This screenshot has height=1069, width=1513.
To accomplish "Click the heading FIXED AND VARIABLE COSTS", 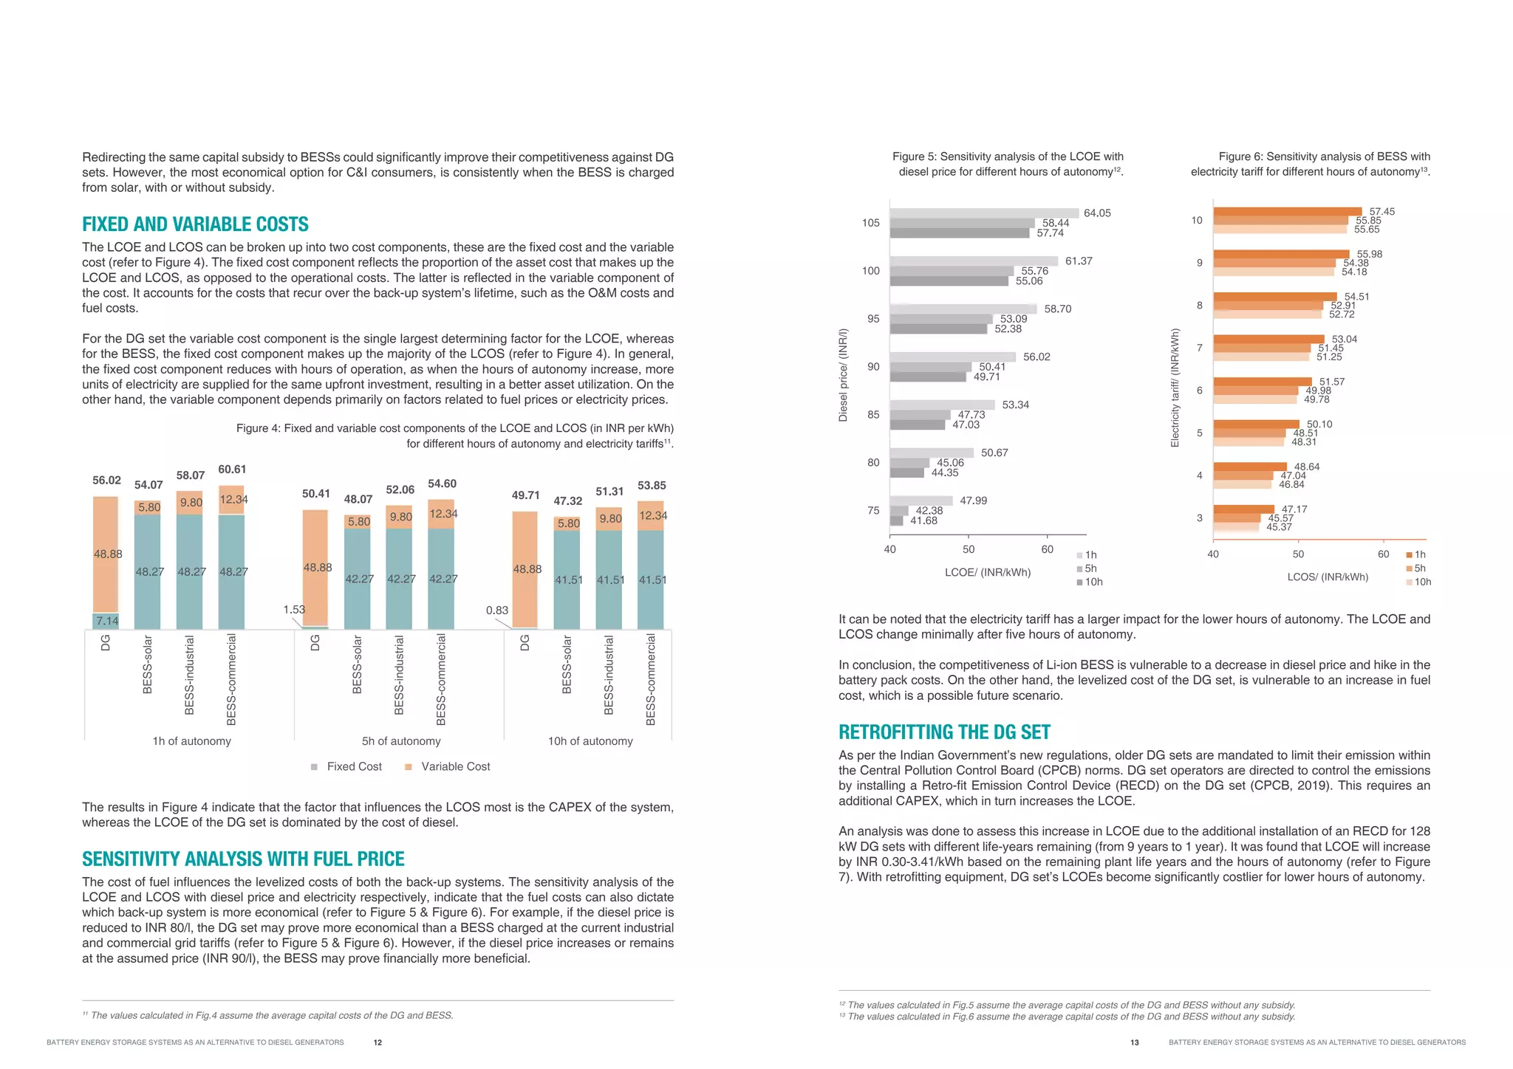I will point(195,224).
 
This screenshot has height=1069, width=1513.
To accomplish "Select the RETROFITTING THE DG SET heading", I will point(944,732).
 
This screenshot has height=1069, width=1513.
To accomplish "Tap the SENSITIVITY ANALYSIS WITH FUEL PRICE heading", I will point(243,859).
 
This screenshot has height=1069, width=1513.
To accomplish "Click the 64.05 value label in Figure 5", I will point(1097,213).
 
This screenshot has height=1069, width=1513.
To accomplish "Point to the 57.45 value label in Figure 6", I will point(1381,212).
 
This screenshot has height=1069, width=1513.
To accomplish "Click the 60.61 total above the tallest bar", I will point(232,470).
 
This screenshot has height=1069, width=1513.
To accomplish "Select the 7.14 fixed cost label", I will point(106,621).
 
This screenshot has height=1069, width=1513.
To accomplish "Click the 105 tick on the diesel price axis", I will point(871,223).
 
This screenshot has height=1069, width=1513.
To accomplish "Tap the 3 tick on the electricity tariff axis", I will point(1199,518).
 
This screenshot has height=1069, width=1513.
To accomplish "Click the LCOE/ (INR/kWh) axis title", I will point(987,572).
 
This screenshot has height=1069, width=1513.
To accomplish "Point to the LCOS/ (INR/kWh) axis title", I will point(1328,577).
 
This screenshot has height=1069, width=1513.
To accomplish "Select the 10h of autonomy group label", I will point(590,741).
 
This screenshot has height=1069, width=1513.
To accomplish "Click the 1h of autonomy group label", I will point(191,741).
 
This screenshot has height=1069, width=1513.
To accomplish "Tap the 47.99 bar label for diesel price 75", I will point(973,501).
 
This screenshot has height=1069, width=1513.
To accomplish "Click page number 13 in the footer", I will point(1134,1042).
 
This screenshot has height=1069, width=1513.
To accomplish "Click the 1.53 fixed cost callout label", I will point(293,610).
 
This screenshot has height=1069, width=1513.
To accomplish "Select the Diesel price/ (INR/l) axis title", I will point(843,375).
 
